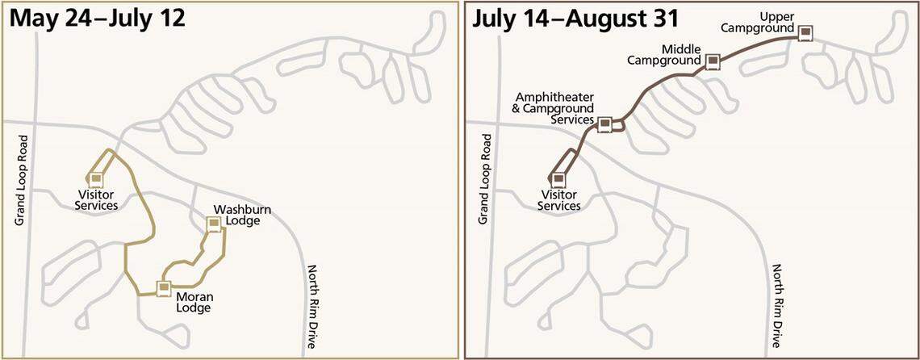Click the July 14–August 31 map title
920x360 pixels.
point(576,18)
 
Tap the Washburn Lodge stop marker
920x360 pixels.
point(214,225)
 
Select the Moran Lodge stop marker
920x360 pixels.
point(164,287)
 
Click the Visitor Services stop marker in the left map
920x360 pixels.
point(96,178)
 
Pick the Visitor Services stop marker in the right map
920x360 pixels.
point(558,179)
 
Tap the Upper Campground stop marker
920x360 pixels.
point(804,33)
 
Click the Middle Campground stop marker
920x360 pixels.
point(712,61)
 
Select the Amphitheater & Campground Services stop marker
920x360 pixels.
point(604,123)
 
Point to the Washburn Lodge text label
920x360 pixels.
point(242,216)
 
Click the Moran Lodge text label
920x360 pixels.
point(194,301)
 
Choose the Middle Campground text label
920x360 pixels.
point(665,55)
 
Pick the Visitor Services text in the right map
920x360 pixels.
point(558,200)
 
